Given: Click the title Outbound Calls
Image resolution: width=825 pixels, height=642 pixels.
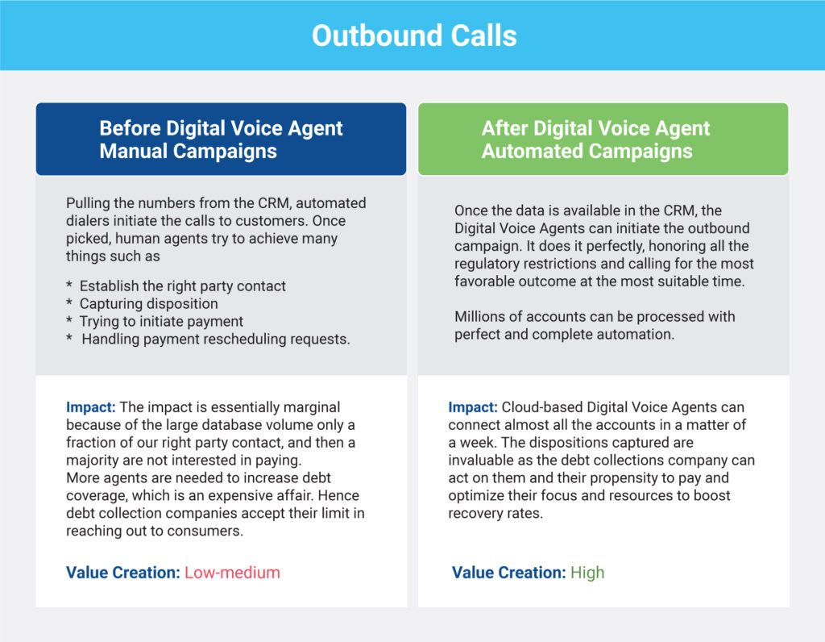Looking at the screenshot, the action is (414, 35).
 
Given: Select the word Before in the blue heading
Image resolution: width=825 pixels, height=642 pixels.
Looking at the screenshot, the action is (130, 128).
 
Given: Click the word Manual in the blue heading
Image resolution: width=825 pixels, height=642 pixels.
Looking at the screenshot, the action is (134, 151).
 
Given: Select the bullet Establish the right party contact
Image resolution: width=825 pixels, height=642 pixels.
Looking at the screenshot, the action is (182, 286).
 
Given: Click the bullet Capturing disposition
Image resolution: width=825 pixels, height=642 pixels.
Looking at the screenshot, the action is (148, 304).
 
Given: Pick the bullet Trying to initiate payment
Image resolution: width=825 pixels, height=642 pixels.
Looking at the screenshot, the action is (161, 321).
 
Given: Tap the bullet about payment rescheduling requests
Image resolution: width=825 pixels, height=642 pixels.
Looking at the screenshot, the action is (216, 340).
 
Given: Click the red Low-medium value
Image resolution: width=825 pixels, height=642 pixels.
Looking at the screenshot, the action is (232, 573).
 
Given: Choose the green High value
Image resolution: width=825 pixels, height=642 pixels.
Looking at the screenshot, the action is (587, 573).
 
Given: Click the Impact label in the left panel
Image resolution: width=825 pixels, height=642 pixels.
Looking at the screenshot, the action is (90, 407).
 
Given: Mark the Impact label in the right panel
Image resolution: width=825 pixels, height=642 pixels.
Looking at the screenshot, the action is (472, 407).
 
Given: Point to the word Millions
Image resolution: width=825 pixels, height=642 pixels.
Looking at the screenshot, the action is (480, 316).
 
